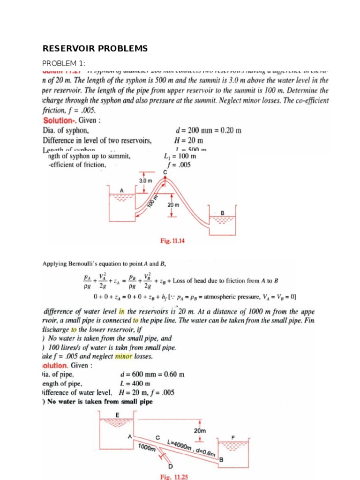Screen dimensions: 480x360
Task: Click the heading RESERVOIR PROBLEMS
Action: pyautogui.click(x=95, y=49)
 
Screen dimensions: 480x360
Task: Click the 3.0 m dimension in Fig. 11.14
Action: pyautogui.click(x=146, y=180)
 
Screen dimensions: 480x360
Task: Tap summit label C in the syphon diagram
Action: pyautogui.click(x=165, y=172)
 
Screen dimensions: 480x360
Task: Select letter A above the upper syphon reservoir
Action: pyautogui.click(x=121, y=190)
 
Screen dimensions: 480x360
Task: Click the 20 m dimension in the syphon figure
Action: pyautogui.click(x=173, y=205)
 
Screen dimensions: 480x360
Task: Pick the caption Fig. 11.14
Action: pyautogui.click(x=172, y=241)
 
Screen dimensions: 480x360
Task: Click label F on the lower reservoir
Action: pyautogui.click(x=233, y=437)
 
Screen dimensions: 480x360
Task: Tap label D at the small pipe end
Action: pyautogui.click(x=170, y=467)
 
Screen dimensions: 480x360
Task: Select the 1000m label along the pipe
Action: pyautogui.click(x=147, y=448)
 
